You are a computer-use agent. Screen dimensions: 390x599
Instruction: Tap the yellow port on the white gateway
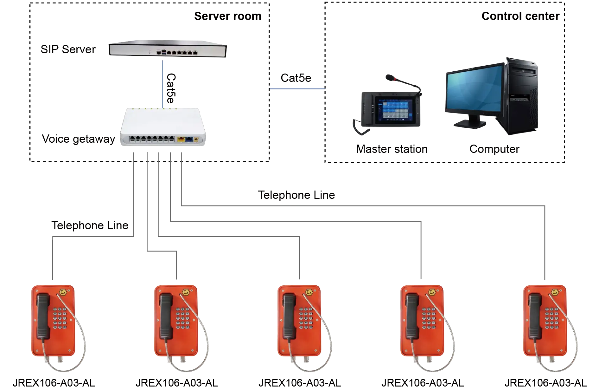(x=181, y=139)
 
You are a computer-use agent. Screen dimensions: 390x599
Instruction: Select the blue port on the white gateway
(x=189, y=139)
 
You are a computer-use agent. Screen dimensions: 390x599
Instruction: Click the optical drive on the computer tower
(x=523, y=73)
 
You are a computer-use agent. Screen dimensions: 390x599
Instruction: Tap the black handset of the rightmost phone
(x=535, y=315)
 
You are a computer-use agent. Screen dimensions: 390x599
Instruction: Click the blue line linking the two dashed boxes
(x=297, y=89)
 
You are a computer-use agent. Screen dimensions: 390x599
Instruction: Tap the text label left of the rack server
(x=68, y=49)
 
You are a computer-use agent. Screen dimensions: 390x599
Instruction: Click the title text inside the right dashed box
(x=520, y=16)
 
